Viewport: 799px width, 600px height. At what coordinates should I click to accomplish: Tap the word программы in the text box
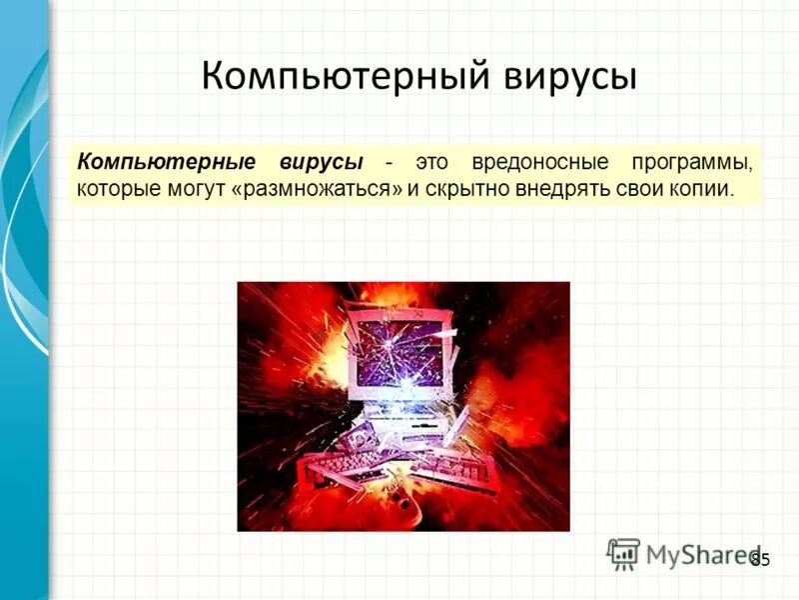click(689, 162)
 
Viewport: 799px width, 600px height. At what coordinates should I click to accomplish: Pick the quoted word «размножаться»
click(316, 188)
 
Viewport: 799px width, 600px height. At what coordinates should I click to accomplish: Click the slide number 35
click(760, 560)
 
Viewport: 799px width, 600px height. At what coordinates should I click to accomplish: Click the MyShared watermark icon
click(623, 553)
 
